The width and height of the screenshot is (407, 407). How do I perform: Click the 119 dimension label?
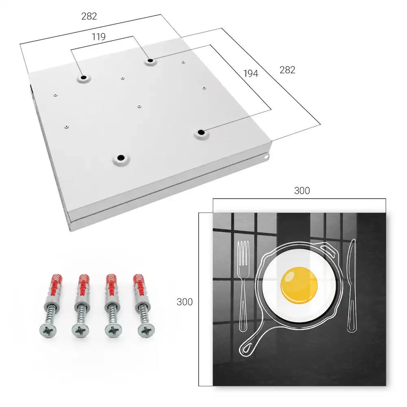coord(98,37)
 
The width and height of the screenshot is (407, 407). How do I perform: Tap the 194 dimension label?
coord(251,73)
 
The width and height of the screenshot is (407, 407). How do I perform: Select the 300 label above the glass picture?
coord(302,190)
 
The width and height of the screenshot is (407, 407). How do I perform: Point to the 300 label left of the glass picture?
coord(184,302)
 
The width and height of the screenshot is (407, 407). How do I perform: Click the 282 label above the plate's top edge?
coord(89,16)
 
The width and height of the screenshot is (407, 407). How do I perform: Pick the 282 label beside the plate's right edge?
coord(287,70)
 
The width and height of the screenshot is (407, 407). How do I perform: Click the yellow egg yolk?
coord(299,285)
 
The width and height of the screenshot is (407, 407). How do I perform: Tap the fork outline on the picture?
coord(243,286)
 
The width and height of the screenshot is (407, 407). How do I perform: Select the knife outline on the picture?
coord(352,286)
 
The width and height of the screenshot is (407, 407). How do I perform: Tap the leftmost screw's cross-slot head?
coord(48,330)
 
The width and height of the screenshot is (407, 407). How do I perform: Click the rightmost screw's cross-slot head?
coord(146,330)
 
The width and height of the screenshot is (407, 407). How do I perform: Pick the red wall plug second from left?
coord(83,286)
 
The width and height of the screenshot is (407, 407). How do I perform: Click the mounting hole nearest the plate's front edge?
coord(121,158)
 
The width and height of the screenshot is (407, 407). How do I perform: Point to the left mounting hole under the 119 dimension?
coord(83,77)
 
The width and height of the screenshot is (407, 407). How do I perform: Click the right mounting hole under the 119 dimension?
coord(150,61)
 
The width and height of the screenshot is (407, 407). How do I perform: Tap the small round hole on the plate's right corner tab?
coord(266,157)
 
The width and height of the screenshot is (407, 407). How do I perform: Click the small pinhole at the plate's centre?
coord(139,106)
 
